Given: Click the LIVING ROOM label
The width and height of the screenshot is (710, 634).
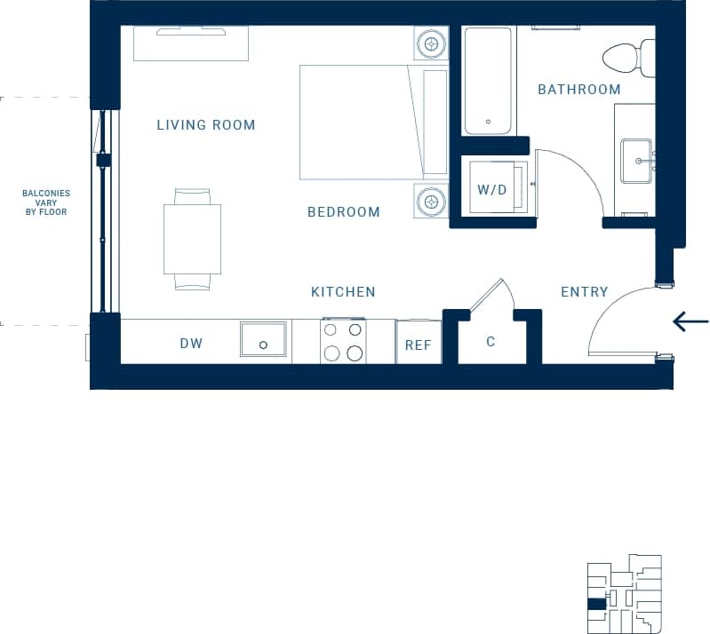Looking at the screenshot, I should click(206, 125).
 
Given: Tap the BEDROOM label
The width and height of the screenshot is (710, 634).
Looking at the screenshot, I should click(344, 212).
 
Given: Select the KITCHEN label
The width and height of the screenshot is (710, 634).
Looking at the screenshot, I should click(343, 292).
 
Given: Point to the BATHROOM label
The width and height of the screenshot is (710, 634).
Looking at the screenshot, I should click(578, 90).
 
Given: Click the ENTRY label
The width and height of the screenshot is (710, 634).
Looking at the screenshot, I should click(584, 292).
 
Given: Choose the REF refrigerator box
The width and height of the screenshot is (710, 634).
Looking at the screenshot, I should click(419, 345).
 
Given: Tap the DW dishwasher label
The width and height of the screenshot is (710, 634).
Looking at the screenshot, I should click(191, 344).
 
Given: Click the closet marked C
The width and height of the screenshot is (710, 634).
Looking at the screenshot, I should click(491, 342).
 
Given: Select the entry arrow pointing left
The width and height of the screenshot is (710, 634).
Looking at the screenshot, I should click(690, 321).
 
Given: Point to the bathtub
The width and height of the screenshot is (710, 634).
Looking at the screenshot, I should click(488, 81).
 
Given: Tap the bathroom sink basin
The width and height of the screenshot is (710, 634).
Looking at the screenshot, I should click(636, 161).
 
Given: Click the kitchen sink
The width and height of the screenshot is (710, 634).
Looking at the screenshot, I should click(263, 340).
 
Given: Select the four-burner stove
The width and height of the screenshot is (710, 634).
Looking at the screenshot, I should click(344, 341).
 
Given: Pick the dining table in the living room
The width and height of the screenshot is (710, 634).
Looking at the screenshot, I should click(193, 239).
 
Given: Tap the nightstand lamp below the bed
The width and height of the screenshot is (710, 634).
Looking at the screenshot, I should click(432, 200).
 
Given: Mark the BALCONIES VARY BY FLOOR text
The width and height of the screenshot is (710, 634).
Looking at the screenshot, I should click(46, 202).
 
